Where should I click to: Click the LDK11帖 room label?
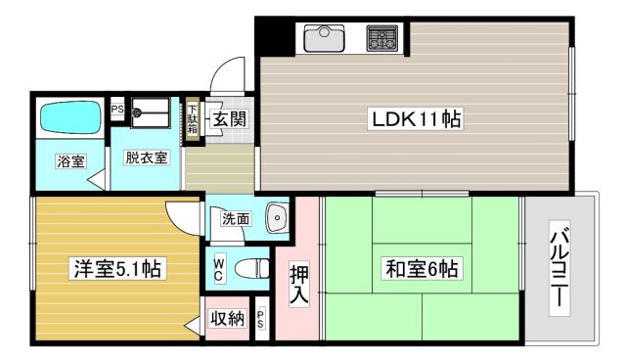point(416,119)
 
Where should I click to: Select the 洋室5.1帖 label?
point(115,268)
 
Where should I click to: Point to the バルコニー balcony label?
point(560,266)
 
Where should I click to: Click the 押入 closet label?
point(301,282)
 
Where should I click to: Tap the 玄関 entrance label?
point(230,119)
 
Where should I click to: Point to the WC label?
point(220,266)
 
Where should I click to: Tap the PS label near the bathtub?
point(116,110)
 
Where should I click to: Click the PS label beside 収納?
point(261,320)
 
